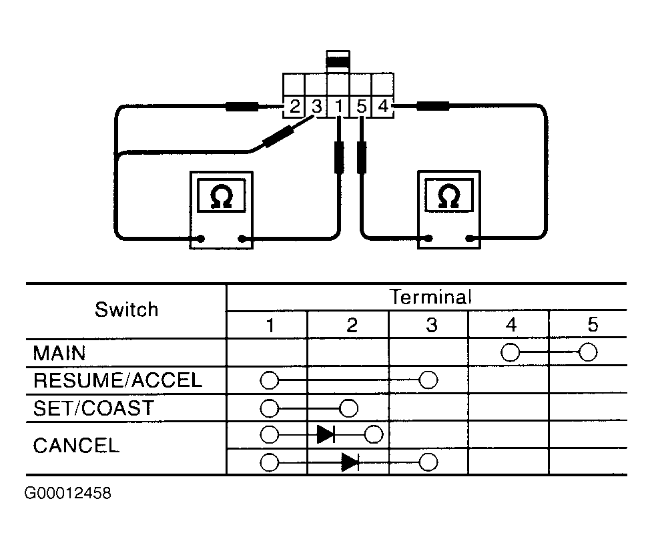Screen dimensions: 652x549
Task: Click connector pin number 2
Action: [294, 107]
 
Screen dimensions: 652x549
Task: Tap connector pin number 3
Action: [317, 107]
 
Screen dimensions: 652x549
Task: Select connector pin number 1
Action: [339, 107]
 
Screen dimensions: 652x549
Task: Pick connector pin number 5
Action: [361, 107]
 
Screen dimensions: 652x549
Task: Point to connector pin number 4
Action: [383, 106]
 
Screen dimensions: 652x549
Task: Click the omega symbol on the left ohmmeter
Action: [221, 195]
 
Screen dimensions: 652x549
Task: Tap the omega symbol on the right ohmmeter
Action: [449, 195]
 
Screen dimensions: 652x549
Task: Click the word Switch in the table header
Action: [126, 310]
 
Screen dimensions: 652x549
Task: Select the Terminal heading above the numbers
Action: [430, 297]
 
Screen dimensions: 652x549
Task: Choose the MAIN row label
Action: [59, 354]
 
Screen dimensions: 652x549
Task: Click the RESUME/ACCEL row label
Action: [117, 380]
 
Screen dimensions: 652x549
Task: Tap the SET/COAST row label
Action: [93, 408]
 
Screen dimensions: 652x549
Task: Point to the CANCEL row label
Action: [76, 446]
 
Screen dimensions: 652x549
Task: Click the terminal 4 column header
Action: [511, 325]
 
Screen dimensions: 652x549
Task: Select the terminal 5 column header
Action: [593, 325]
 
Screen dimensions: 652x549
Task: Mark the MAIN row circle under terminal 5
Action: [587, 352]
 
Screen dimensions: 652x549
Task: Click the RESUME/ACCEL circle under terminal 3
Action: [428, 380]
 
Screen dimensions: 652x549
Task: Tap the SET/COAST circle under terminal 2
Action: [348, 408]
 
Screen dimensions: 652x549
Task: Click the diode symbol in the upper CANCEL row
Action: [326, 435]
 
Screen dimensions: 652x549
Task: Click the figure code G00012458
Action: [68, 494]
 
